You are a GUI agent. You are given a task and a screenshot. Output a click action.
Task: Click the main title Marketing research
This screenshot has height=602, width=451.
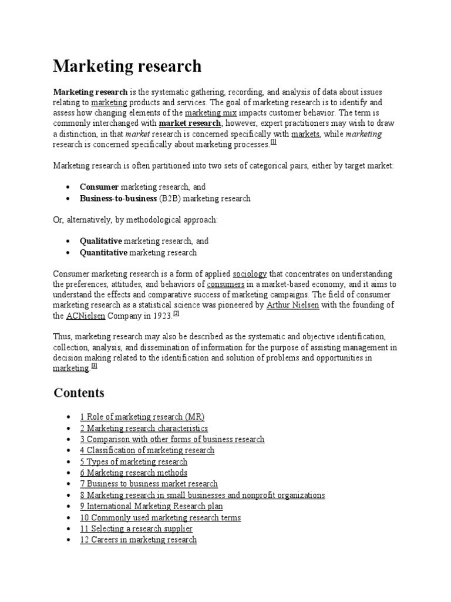coord(127,66)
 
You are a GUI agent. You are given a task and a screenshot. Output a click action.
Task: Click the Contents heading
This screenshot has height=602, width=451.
coord(79,393)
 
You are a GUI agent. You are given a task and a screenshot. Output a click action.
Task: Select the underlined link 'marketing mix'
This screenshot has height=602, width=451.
coord(206,113)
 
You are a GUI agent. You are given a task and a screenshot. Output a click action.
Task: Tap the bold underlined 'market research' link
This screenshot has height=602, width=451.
coord(190,123)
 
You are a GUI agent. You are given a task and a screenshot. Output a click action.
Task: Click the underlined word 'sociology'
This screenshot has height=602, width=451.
coord(250,273)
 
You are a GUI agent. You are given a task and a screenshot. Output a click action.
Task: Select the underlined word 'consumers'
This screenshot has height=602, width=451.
coord(226,284)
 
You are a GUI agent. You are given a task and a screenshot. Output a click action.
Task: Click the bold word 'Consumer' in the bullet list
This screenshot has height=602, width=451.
coord(99,187)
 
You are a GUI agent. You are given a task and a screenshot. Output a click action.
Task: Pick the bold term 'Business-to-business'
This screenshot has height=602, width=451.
coord(119,198)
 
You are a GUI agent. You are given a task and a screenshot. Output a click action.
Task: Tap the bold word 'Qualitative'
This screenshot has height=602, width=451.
coord(101,241)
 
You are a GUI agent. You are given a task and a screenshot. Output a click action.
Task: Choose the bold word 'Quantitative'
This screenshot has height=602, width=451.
coord(103,252)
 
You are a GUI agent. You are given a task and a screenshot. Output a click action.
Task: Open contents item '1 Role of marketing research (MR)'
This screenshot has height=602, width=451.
coord(142,417)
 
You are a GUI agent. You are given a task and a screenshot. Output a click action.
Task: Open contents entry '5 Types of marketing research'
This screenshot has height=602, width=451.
coord(134,461)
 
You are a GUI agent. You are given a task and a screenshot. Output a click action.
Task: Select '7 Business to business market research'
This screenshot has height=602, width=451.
coord(149,484)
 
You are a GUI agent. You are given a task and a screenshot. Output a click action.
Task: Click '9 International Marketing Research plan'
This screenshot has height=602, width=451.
coord(152,506)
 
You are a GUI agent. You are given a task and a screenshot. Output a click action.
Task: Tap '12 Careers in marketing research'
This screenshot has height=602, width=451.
coord(139,540)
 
